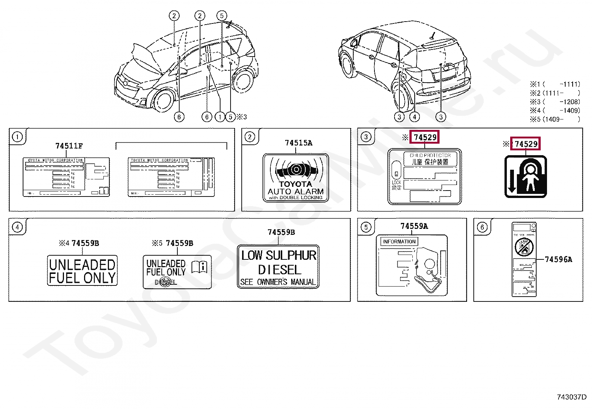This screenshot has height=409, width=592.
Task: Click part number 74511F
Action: (x=69, y=146)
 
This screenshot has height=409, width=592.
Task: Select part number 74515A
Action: (x=298, y=143)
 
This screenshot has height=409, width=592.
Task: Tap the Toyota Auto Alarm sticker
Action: (x=296, y=178)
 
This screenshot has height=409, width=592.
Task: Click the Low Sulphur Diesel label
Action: (x=278, y=266)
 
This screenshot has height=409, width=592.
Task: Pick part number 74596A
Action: (x=558, y=259)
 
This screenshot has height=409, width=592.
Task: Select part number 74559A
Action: (x=414, y=226)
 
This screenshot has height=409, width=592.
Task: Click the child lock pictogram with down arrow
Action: (x=525, y=176)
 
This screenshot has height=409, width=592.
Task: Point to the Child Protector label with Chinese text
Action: (x=425, y=177)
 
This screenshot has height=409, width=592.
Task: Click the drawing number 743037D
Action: (x=572, y=397)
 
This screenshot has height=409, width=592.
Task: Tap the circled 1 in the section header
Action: (x=17, y=137)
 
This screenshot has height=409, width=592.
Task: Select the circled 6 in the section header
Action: (x=482, y=227)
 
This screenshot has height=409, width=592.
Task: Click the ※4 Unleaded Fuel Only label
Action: (x=82, y=271)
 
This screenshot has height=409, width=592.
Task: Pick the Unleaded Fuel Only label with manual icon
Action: (x=177, y=272)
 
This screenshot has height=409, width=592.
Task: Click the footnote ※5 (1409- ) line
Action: (x=555, y=119)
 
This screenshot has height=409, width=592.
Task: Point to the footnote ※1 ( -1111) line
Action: (x=555, y=84)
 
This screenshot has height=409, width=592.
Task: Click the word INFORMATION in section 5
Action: (x=399, y=242)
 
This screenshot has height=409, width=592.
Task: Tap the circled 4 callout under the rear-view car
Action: (x=414, y=117)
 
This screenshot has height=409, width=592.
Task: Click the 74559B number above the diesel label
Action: (x=281, y=232)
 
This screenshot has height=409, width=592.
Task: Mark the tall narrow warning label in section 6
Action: (x=524, y=259)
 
